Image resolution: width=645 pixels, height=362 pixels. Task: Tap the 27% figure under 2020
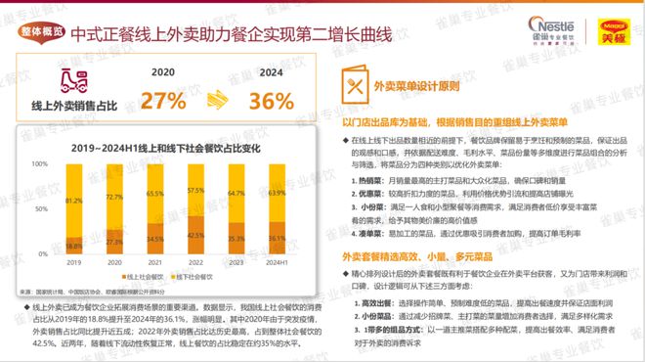(x=163, y=101)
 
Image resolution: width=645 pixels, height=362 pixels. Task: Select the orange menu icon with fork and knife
(x=353, y=86)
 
